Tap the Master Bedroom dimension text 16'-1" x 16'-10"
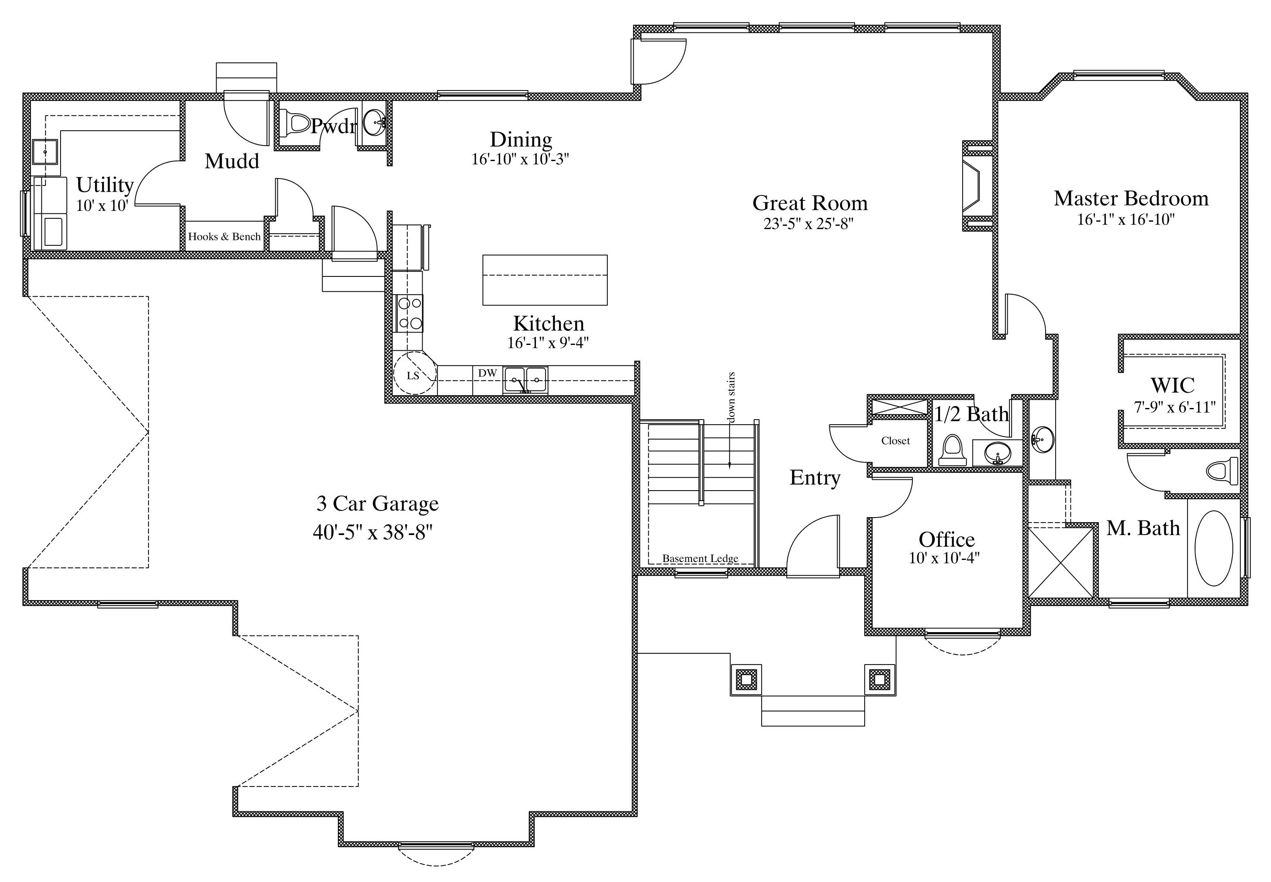1126,220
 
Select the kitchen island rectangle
545,280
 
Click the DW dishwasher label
487,373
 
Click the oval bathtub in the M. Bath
1214,548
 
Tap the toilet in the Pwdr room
295,123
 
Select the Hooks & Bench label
225,237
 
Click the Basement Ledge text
700,558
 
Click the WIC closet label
1172,385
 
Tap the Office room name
947,539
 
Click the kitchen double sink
525,380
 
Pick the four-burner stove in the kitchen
409,313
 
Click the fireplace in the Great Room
979,186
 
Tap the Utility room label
105,185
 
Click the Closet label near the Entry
895,440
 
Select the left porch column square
746,679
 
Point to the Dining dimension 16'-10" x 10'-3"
520,159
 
